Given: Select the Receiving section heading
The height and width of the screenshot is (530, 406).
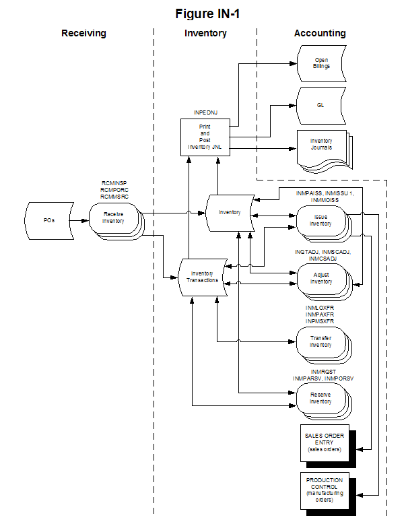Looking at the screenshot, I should pyautogui.click(x=83, y=33).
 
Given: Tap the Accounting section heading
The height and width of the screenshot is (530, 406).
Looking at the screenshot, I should pyautogui.click(x=320, y=33).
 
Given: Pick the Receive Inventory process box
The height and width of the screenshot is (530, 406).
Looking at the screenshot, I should pyautogui.click(x=113, y=217).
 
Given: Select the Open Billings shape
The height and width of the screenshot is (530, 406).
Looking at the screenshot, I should pyautogui.click(x=321, y=63).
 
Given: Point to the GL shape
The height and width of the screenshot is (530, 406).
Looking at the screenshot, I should pyautogui.click(x=321, y=106).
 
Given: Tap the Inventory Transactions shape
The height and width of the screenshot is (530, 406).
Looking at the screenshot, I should pyautogui.click(x=202, y=276).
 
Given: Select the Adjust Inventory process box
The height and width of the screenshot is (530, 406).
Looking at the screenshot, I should pyautogui.click(x=320, y=278).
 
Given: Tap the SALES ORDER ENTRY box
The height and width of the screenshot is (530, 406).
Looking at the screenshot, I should pyautogui.click(x=324, y=442).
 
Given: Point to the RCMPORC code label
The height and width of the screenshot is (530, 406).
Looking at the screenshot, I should pyautogui.click(x=114, y=189).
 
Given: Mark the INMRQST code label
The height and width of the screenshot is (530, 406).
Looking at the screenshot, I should pyautogui.click(x=323, y=371).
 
